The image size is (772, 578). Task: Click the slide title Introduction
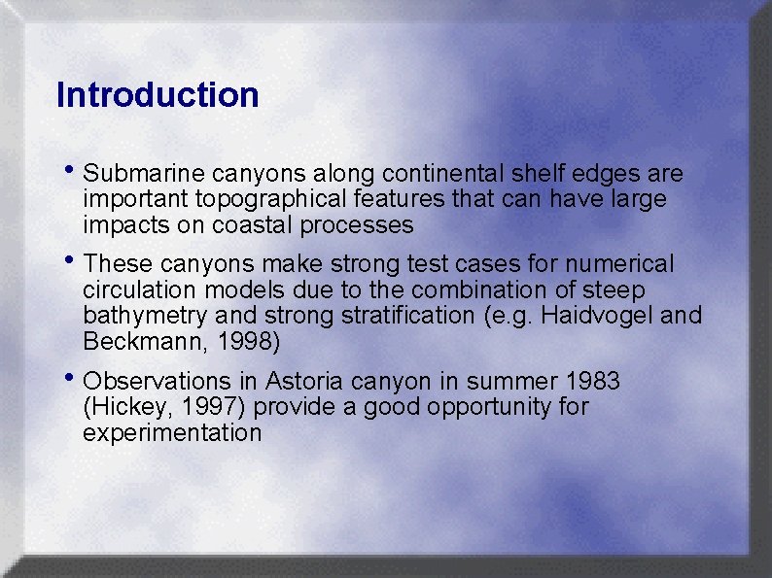point(158,95)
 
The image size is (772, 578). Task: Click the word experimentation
point(172,432)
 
